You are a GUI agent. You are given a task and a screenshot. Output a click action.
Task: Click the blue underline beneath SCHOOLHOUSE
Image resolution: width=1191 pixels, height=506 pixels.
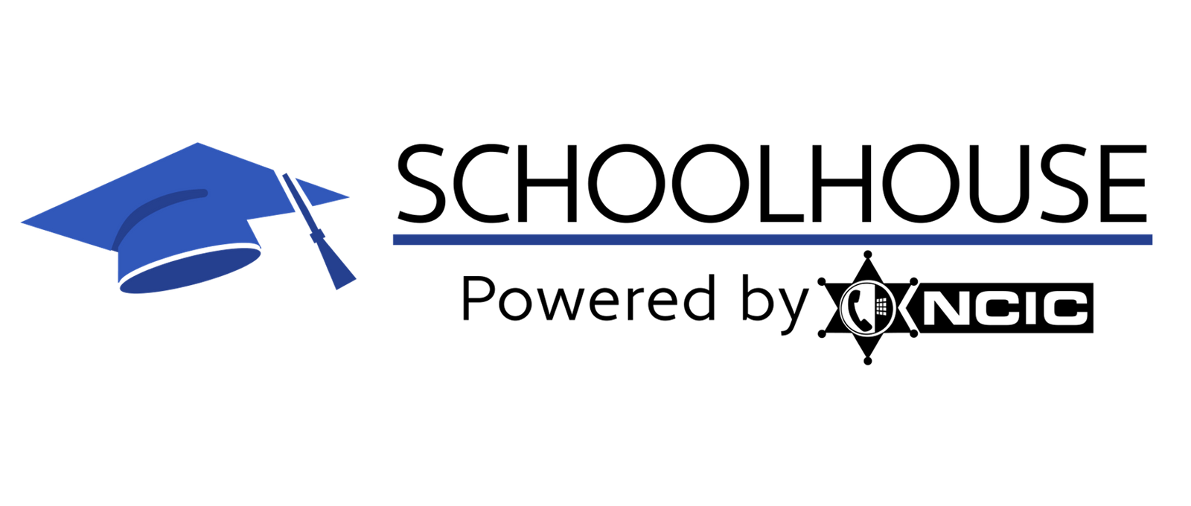773,239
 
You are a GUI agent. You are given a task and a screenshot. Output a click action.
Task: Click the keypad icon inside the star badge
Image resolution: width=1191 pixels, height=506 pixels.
881,306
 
